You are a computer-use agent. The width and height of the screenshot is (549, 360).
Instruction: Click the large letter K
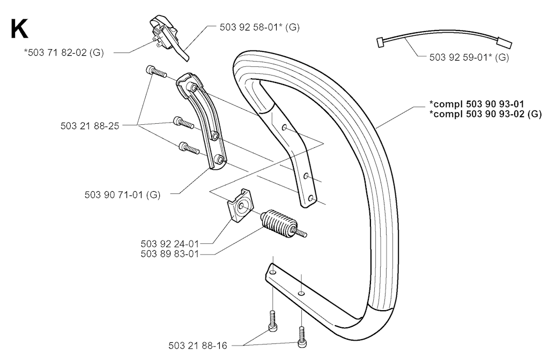[19, 29]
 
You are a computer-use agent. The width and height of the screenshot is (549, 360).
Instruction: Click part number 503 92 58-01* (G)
[259, 27]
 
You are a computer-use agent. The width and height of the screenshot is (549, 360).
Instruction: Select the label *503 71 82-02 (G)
[64, 53]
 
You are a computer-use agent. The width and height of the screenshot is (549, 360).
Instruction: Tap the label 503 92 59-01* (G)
[469, 57]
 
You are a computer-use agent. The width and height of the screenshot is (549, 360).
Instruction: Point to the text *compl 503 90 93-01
[477, 104]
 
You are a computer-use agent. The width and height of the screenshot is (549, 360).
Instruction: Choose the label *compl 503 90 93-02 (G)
[485, 114]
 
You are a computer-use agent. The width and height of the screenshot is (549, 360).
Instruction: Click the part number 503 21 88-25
[90, 126]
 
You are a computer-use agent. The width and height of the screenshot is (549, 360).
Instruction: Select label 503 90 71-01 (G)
[122, 194]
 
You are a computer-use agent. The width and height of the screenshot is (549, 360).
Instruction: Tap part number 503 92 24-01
[170, 244]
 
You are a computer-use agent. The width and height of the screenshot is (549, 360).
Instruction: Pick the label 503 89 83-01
[170, 254]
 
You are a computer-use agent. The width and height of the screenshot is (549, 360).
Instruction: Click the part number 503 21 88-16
[198, 346]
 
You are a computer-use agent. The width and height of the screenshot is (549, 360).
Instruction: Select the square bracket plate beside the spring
[240, 205]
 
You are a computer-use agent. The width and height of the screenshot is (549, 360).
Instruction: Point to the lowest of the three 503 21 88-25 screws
[189, 148]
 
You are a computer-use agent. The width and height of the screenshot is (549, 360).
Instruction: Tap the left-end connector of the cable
[380, 42]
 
